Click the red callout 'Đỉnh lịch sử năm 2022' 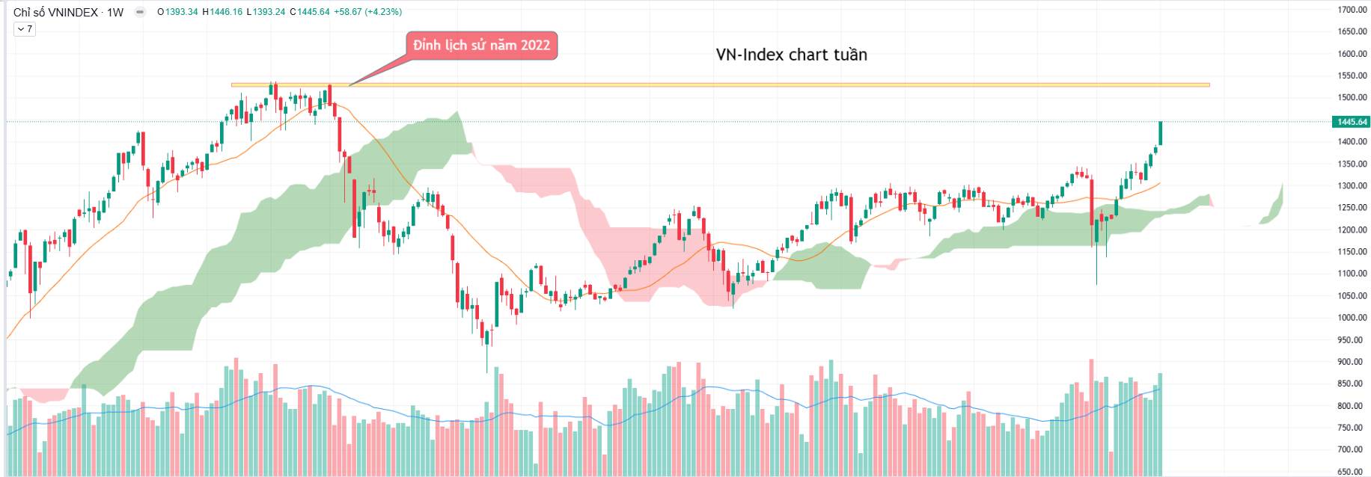tap(481, 46)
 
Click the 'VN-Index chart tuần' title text tap(791, 55)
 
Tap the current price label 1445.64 tap(1351, 122)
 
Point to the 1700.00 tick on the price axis tap(1352, 10)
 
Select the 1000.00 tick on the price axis tap(1352, 318)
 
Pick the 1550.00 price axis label tap(1352, 76)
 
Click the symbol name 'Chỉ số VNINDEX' tap(55, 12)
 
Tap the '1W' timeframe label tap(115, 12)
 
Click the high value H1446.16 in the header tap(222, 12)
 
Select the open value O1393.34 tap(178, 12)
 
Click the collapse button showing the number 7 tap(25, 29)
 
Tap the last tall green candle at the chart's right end tap(1161, 133)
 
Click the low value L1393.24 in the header tap(266, 12)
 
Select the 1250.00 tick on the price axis tap(1352, 208)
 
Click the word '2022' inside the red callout tap(535, 46)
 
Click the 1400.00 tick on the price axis tap(1352, 142)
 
